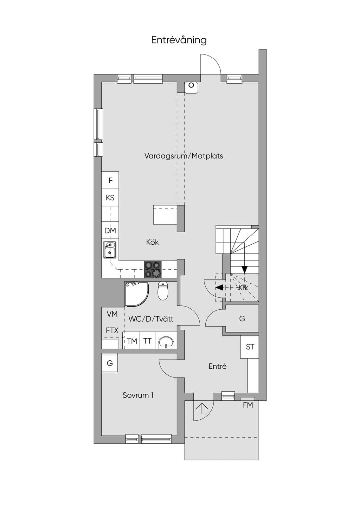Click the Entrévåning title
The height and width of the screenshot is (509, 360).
[179, 40]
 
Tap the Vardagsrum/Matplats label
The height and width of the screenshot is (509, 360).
[184, 156]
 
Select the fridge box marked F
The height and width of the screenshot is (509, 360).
[110, 180]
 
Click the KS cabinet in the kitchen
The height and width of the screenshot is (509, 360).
[110, 198]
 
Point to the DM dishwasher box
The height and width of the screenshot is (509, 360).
[110, 230]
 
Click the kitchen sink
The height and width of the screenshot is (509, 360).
[110, 250]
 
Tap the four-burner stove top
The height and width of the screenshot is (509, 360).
[153, 269]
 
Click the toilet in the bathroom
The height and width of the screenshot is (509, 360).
[163, 291]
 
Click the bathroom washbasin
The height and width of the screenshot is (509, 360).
[166, 341]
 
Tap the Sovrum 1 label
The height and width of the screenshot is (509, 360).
[138, 395]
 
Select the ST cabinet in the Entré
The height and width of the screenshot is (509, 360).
[250, 347]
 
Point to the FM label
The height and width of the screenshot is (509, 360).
[248, 405]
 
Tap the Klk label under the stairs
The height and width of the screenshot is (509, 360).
[243, 288]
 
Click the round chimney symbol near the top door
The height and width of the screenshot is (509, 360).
[191, 85]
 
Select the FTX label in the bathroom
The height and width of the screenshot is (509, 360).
[112, 330]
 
